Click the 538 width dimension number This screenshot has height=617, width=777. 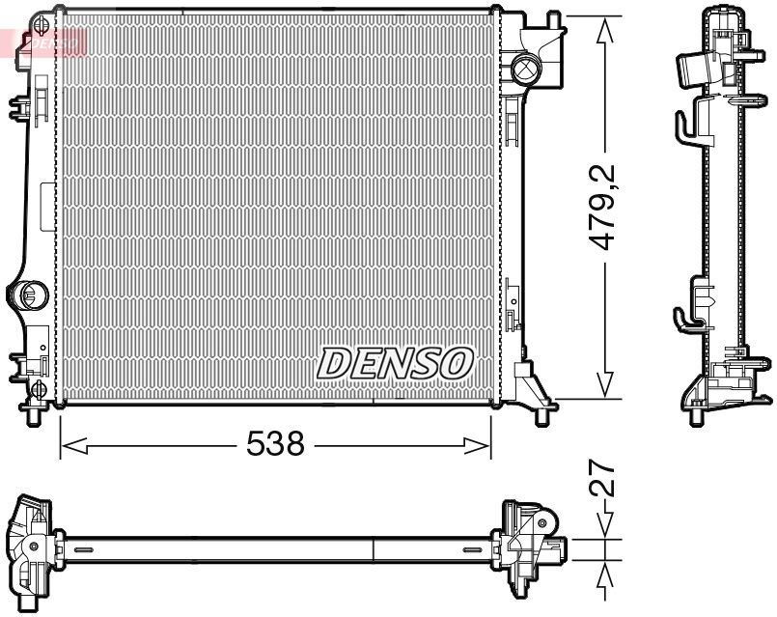276,445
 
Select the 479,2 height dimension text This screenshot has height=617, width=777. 605,208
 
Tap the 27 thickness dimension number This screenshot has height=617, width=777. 604,480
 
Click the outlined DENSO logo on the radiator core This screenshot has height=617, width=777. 395,363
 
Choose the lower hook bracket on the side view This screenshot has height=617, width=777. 685,316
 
